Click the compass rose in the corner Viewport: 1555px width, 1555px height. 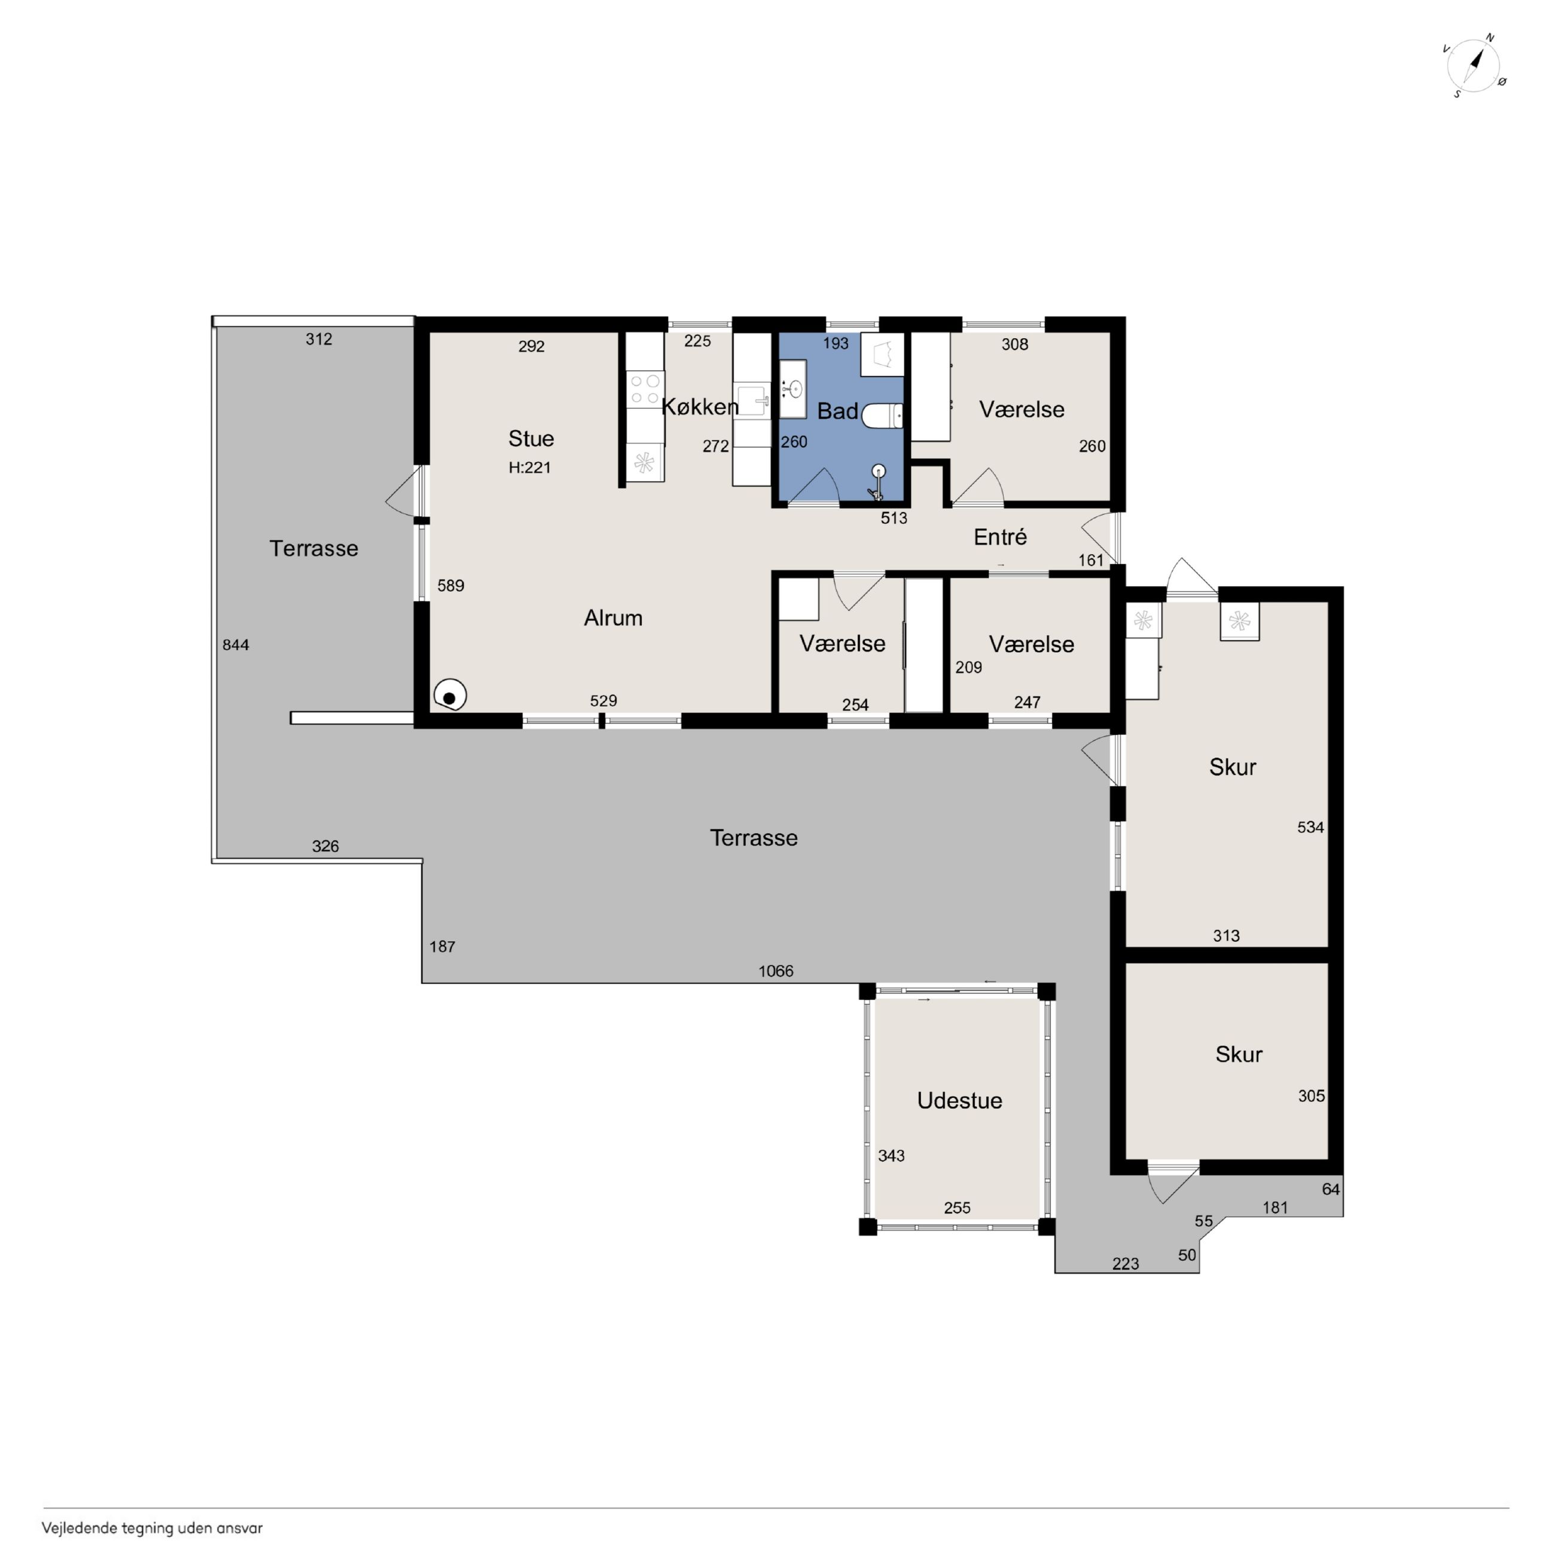pyautogui.click(x=1474, y=66)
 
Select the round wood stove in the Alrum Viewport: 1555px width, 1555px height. pyautogui.click(x=450, y=696)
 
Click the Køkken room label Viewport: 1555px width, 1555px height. pyautogui.click(x=699, y=407)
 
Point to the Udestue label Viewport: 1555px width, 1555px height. pyautogui.click(x=959, y=1100)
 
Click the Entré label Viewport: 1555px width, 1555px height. pyautogui.click(x=999, y=537)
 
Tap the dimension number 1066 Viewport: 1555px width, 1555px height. pyautogui.click(x=776, y=971)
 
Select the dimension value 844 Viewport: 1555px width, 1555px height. pyautogui.click(x=236, y=645)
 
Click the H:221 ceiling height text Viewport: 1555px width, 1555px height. pyautogui.click(x=530, y=467)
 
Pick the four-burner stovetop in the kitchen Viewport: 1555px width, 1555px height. pyautogui.click(x=645, y=389)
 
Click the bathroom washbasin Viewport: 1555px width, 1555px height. pyautogui.click(x=793, y=389)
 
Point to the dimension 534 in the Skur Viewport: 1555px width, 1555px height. pyautogui.click(x=1310, y=827)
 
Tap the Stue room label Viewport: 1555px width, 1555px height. pyautogui.click(x=531, y=438)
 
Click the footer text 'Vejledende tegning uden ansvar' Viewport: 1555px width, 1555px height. pyautogui.click(x=152, y=1527)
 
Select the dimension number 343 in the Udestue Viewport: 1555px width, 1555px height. pyautogui.click(x=891, y=1156)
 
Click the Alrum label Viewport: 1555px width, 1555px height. pyautogui.click(x=613, y=618)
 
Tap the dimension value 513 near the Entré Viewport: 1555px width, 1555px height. pyautogui.click(x=894, y=519)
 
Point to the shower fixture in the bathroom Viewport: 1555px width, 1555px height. pyautogui.click(x=877, y=481)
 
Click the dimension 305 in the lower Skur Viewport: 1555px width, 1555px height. pyautogui.click(x=1311, y=1096)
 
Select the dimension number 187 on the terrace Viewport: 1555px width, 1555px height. pyautogui.click(x=442, y=947)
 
